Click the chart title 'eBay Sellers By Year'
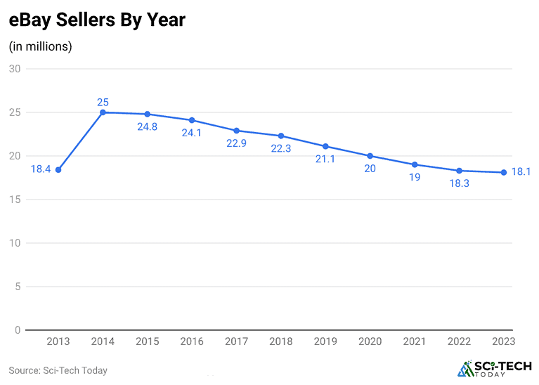pyautogui.click(x=97, y=20)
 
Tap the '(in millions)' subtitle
pyautogui.click(x=40, y=46)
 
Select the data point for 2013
pyautogui.click(x=58, y=170)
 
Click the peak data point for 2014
pyautogui.click(x=103, y=112)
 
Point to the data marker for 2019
pyautogui.click(x=325, y=146)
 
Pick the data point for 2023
pyautogui.click(x=504, y=172)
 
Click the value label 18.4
pyautogui.click(x=41, y=169)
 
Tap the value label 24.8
pyautogui.click(x=147, y=127)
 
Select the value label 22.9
pyautogui.click(x=236, y=144)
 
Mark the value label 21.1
pyautogui.click(x=325, y=159)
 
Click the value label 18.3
pyautogui.click(x=459, y=183)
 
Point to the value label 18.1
pyautogui.click(x=521, y=172)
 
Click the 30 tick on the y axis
pyautogui.click(x=15, y=69)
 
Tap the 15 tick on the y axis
pyautogui.click(x=15, y=200)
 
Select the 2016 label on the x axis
pyautogui.click(x=192, y=342)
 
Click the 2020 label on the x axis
pyautogui.click(x=370, y=342)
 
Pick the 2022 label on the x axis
pyautogui.click(x=460, y=342)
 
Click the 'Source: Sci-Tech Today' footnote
pyautogui.click(x=58, y=370)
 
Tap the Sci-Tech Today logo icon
pyautogui.click(x=466, y=369)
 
